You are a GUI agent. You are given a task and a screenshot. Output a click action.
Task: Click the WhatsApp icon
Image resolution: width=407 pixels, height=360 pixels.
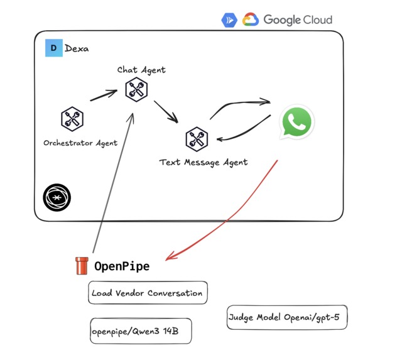pos(296,122)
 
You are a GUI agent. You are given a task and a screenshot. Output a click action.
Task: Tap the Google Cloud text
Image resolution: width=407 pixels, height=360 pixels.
pos(298,19)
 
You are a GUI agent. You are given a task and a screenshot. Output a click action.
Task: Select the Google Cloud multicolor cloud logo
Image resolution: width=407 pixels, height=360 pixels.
pos(251,19)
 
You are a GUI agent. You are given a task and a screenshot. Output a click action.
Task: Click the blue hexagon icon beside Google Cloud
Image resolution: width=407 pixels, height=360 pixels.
pos(229,20)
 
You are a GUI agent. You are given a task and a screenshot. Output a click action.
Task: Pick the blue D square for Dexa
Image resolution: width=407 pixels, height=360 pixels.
pos(53,48)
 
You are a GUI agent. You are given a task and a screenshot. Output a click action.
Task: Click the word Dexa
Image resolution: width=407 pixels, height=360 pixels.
pos(77,48)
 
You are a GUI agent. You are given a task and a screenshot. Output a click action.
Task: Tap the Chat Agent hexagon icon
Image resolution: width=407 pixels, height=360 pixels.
pos(136,89)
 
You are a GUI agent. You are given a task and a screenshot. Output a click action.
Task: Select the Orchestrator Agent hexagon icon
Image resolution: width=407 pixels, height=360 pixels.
pos(72,118)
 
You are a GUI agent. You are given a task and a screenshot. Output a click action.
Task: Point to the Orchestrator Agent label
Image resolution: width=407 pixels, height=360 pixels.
pos(80,143)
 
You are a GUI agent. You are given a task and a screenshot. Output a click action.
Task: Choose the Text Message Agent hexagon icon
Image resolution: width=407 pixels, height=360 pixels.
pos(197,139)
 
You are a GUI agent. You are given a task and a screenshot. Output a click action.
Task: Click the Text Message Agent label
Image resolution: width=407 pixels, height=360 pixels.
pos(203,162)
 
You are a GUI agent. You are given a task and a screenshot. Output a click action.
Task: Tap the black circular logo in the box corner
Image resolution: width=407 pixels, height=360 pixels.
pos(57,198)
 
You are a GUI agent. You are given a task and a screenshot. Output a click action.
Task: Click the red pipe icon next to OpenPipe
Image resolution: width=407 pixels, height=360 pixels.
pos(82,266)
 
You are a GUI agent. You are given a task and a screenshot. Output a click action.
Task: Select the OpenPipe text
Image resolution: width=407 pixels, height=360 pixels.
pos(122,266)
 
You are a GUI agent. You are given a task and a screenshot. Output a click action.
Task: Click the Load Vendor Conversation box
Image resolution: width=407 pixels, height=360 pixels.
pos(148,293)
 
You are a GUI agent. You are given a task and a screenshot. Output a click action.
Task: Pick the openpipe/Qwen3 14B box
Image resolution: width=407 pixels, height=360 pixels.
pos(139,331)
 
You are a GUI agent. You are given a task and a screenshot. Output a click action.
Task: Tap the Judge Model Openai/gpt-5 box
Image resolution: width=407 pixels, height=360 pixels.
pos(286,317)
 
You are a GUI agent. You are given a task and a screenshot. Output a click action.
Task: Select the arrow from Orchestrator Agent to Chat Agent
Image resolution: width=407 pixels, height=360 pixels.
pos(104,95)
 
